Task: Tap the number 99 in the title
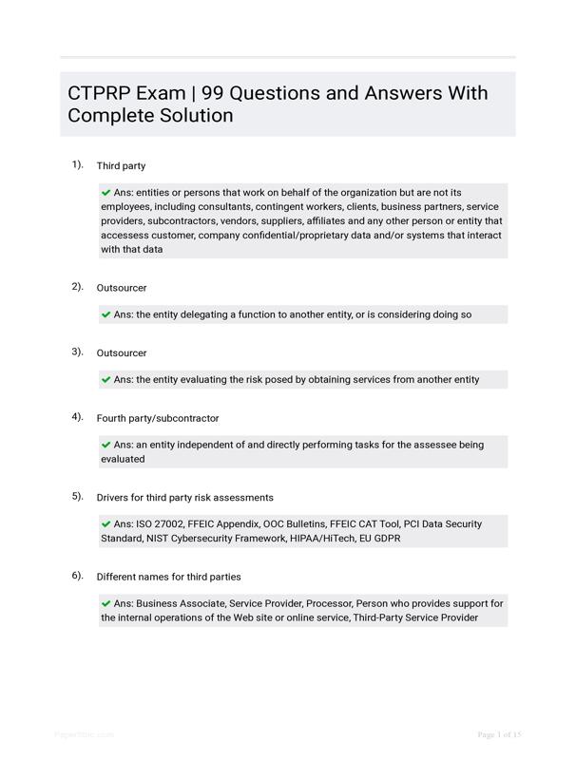216,93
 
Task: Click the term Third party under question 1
121,166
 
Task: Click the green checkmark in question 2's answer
106,314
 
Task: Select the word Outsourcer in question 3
122,353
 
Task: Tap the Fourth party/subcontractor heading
158,418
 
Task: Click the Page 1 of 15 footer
500,734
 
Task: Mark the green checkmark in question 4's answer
106,444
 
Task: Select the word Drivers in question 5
113,498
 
